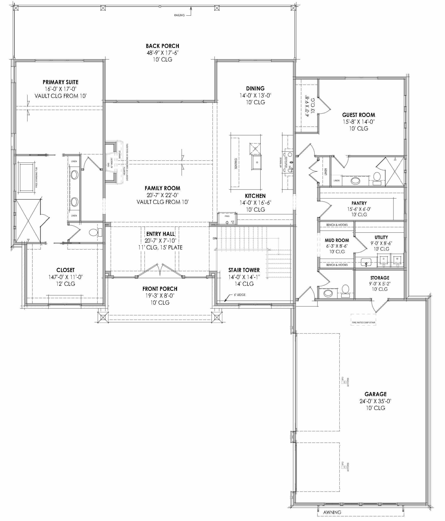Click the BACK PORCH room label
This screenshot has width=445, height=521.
(x=162, y=46)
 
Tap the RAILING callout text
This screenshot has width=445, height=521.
(x=179, y=15)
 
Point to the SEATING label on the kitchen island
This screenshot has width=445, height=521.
(x=236, y=163)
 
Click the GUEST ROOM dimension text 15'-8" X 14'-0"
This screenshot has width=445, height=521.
(x=359, y=122)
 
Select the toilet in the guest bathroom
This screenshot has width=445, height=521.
(x=377, y=177)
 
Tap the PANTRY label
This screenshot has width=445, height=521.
(x=359, y=203)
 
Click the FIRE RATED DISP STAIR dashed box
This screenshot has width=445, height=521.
(x=363, y=320)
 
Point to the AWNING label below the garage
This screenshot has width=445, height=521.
(x=332, y=512)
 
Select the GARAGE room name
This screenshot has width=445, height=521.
(x=375, y=394)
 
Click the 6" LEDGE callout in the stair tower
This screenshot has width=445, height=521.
(x=240, y=295)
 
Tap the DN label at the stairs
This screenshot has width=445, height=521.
(x=215, y=238)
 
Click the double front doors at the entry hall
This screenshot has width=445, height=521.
(x=160, y=270)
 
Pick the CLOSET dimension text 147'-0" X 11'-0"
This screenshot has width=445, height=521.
(x=65, y=277)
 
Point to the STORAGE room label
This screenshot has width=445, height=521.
(x=380, y=278)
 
